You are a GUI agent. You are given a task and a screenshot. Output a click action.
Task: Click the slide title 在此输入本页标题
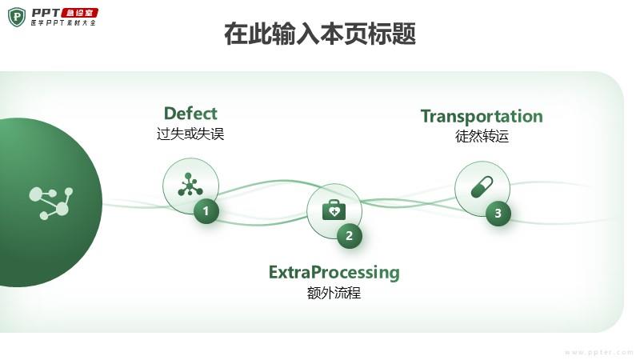[320, 35]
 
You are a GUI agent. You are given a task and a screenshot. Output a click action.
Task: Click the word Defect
[190, 113]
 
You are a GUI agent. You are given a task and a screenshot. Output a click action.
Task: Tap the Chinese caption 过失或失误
[190, 134]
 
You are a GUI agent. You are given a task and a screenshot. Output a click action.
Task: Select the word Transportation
[482, 116]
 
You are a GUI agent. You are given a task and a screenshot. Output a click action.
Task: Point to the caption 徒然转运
[482, 136]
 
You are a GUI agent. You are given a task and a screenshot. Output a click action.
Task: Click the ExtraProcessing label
[334, 272]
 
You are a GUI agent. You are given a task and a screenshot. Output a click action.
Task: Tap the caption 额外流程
[334, 293]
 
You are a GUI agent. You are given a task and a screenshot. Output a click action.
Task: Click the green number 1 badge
[206, 211]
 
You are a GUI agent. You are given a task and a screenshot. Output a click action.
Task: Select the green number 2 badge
[350, 236]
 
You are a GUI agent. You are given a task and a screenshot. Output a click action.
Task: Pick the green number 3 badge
[498, 213]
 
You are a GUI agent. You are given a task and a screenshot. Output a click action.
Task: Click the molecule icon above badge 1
[190, 185]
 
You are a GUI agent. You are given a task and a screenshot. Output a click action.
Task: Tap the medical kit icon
[334, 210]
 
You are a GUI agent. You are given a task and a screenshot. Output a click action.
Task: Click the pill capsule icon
[482, 188]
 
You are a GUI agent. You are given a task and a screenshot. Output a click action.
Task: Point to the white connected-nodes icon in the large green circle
[50, 202]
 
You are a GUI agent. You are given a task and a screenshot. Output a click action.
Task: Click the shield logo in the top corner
[17, 16]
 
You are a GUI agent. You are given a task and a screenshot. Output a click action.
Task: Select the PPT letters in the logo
[46, 12]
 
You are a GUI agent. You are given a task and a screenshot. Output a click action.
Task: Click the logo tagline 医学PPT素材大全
[63, 23]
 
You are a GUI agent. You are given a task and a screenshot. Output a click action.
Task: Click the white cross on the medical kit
[334, 212]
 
